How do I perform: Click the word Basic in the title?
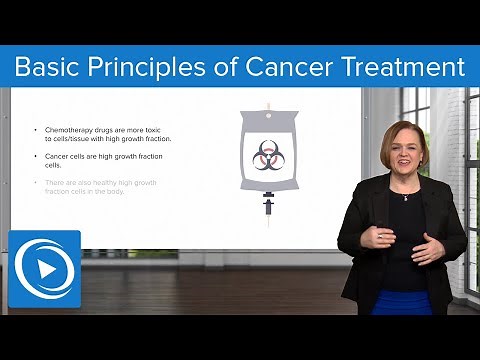[x=49, y=67]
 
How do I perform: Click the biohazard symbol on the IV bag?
[x=267, y=155]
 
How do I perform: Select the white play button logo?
[x=44, y=269]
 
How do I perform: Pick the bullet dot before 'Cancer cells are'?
[x=36, y=157]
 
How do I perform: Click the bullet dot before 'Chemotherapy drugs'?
[x=36, y=131]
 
